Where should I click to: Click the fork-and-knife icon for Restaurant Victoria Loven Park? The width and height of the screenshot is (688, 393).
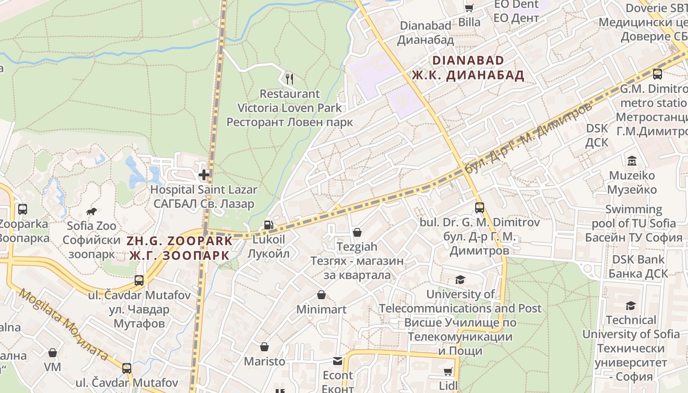289,79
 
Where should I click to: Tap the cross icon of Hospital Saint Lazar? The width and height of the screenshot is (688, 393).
204,174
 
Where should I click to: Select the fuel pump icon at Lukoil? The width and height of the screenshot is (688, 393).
268,225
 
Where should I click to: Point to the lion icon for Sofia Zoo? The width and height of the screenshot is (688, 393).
91,212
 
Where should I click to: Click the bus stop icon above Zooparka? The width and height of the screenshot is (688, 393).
23,209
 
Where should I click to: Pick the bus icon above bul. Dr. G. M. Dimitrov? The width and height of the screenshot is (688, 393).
480,208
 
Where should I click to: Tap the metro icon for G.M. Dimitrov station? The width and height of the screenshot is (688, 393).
657,74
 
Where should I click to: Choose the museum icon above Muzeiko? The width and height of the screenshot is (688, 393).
631,161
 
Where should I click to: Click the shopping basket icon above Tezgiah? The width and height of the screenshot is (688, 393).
357,232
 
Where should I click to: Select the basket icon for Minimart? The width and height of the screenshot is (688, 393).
321,295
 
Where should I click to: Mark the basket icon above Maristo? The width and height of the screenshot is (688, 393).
264,347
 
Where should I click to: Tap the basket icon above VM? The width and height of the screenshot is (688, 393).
53,353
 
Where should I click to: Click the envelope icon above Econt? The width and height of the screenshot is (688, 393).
338,361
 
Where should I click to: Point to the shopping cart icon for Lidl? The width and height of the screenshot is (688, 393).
448,371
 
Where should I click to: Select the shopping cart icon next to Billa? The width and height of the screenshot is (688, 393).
469,8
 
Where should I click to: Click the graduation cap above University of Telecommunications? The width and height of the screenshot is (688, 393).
460,280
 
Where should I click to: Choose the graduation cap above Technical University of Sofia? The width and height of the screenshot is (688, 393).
631,306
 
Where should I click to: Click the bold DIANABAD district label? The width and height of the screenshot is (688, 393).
468,60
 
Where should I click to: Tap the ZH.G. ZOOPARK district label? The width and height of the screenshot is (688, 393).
179,241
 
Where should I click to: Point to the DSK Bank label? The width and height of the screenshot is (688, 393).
638,259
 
